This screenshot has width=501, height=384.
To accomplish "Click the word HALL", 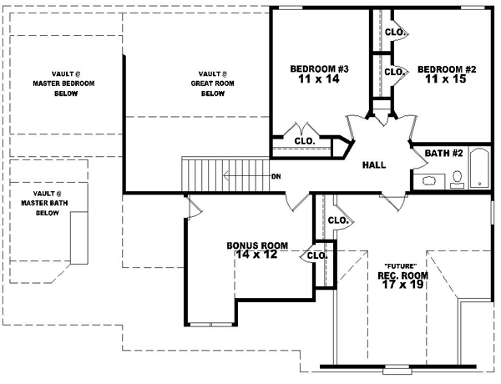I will click(373, 165).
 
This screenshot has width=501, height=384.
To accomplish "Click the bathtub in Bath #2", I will click(479, 169).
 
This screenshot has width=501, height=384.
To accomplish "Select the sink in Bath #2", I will click(428, 180).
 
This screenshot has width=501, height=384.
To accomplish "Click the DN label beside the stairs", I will click(276, 176).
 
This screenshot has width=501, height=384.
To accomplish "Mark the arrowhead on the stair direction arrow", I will click(225, 176).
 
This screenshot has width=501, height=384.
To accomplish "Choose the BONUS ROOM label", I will click(257, 245).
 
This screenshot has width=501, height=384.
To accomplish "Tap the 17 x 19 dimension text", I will click(402, 285).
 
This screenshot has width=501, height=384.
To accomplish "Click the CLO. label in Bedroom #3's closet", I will click(304, 141).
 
